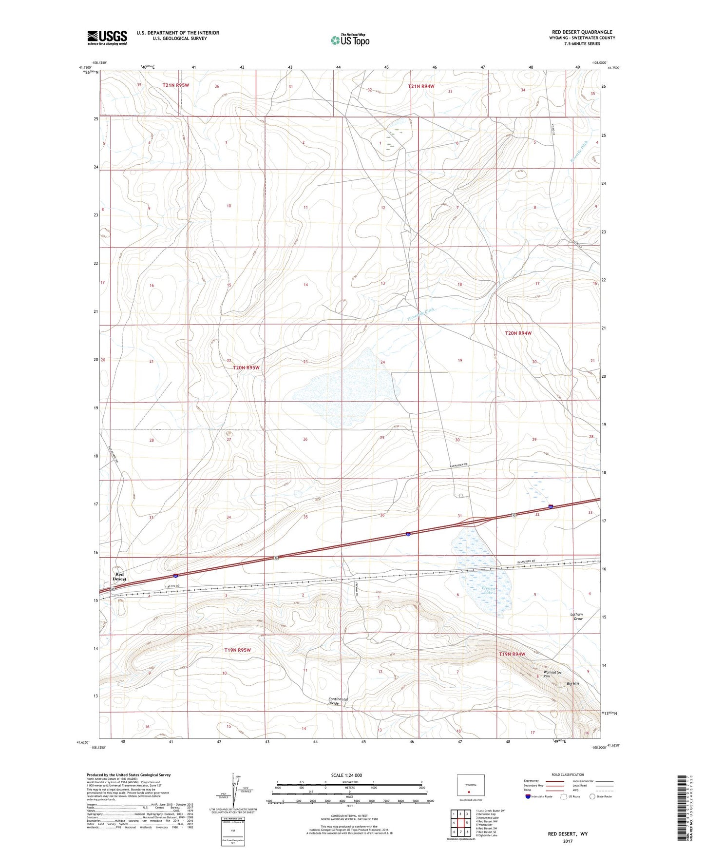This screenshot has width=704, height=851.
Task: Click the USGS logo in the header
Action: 107,38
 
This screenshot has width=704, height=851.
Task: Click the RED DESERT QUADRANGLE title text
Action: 580,32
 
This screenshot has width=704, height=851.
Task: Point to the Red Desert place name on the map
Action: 119,577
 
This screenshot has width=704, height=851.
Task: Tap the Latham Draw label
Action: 577,617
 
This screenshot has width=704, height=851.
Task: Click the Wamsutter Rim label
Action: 553,675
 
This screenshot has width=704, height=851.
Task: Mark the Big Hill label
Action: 572,684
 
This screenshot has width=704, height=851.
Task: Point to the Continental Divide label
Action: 338,701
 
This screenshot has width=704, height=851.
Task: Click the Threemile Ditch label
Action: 420,314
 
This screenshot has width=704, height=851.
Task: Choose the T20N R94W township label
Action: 518,333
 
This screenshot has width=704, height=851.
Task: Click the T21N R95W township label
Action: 175,85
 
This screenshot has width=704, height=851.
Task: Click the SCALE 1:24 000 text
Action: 346,775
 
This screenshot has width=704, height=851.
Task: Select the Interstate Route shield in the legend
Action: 529,796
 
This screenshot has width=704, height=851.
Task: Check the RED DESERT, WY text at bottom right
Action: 568,834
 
